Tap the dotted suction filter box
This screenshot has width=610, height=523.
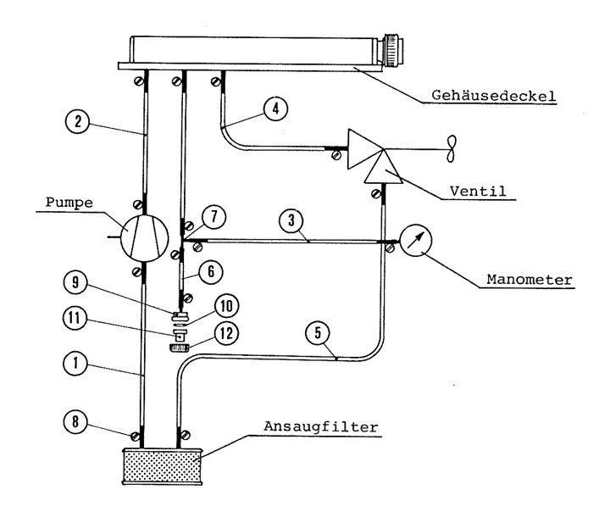coord(160,466)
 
